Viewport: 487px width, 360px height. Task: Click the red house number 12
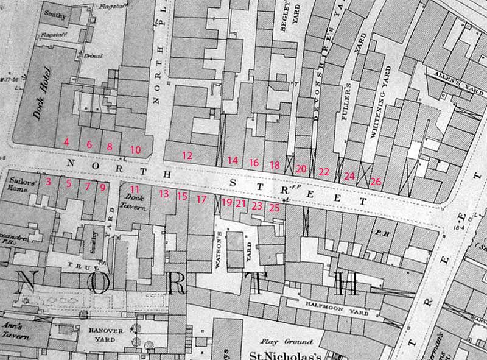(x=187, y=155)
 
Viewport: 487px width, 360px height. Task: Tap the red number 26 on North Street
(x=376, y=182)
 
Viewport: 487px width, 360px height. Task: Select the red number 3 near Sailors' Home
(x=49, y=182)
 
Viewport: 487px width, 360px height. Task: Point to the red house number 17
(x=202, y=199)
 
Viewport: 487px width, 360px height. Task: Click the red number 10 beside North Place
(x=136, y=149)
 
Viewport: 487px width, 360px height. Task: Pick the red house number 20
(x=301, y=169)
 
